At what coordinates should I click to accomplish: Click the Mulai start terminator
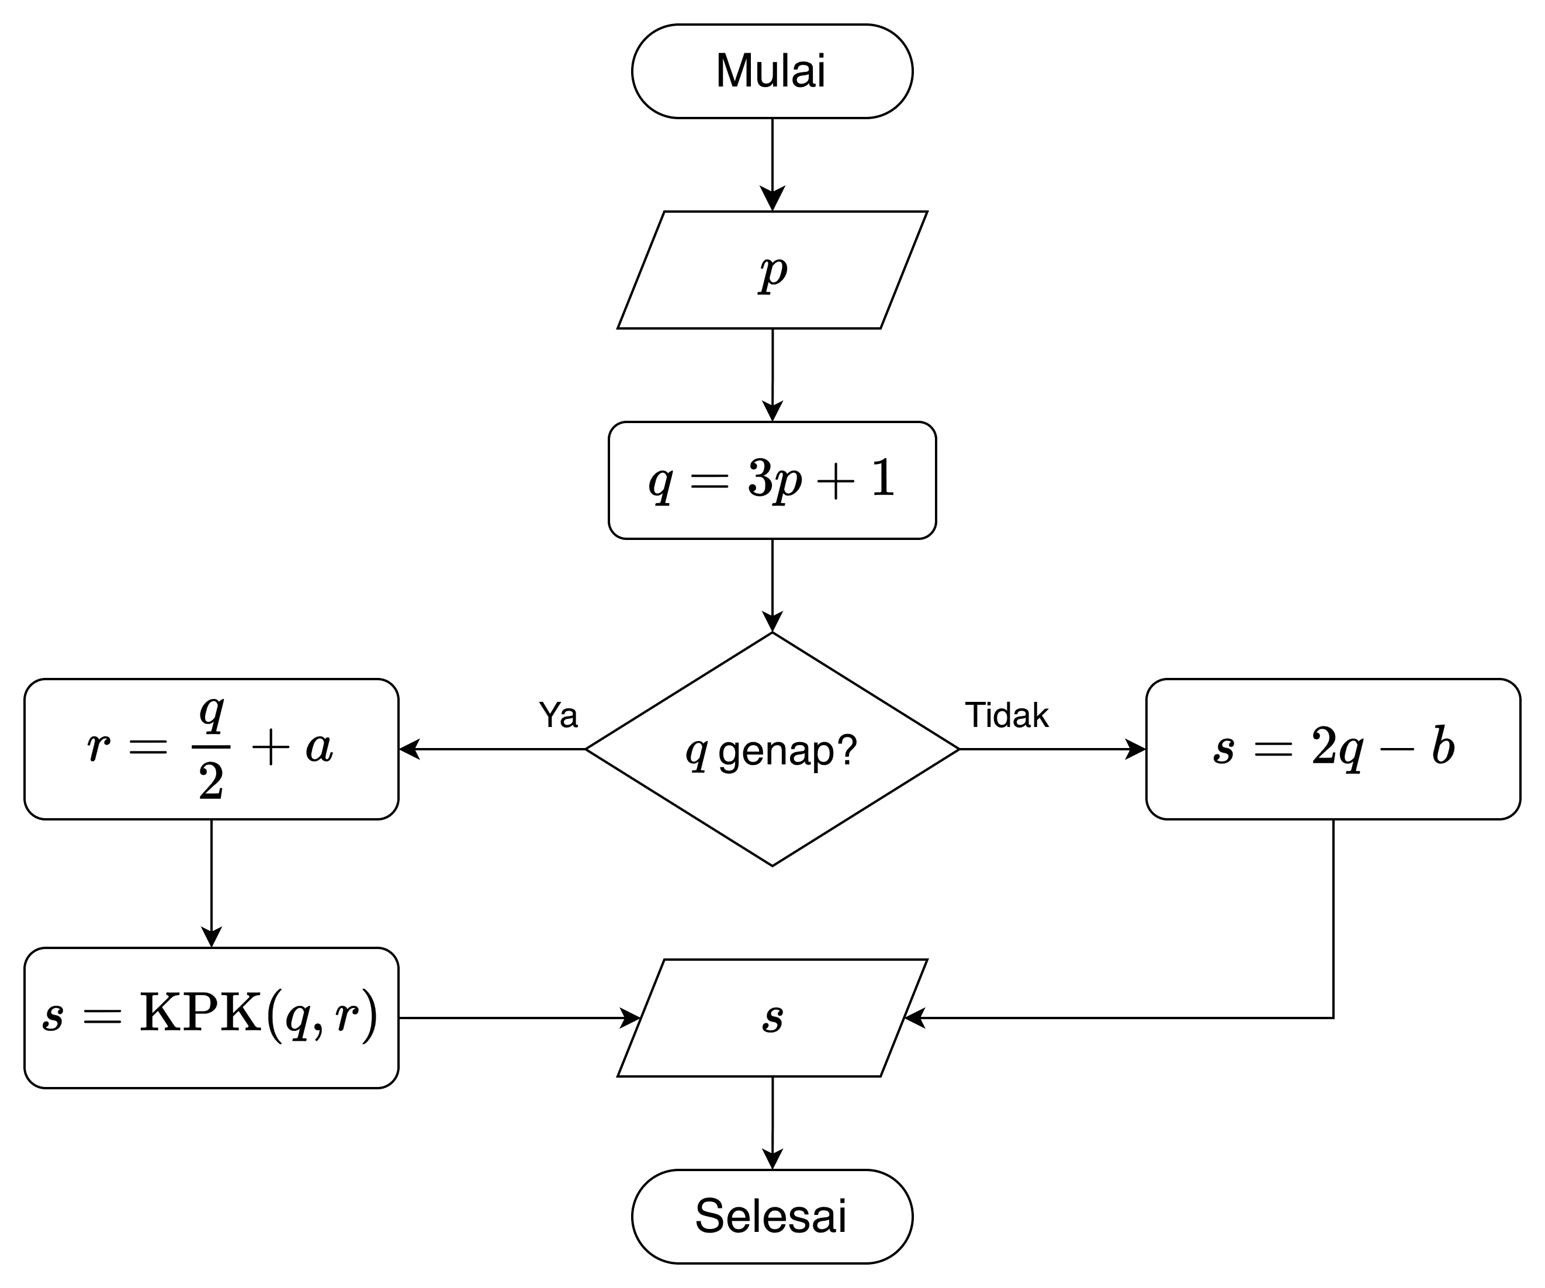tap(772, 71)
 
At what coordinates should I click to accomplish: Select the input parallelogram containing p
tap(772, 270)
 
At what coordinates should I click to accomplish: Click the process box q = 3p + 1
tap(772, 480)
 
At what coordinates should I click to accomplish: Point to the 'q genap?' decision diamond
tap(772, 750)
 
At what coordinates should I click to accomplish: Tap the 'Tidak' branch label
tap(1006, 715)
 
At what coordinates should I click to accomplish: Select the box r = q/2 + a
tap(211, 749)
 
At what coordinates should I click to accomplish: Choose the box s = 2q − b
tap(1332, 749)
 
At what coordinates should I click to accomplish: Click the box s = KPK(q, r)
tap(211, 1018)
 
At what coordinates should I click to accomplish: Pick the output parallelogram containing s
tap(772, 1018)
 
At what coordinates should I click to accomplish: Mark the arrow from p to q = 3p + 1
tap(772, 375)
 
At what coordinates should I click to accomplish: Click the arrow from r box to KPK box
tap(211, 882)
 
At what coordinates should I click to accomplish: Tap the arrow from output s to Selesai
tap(772, 1123)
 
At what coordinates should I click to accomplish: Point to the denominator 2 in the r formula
tap(211, 782)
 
